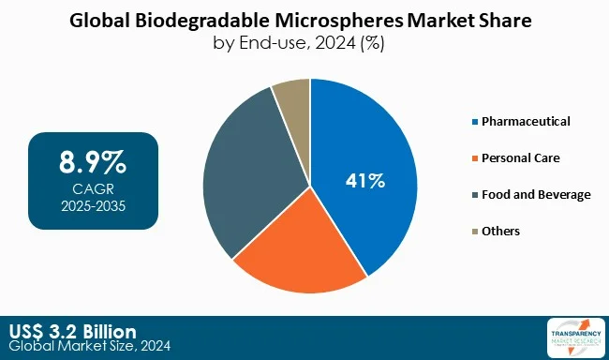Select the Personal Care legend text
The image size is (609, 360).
coord(520,157)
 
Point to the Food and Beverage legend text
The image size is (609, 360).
coord(536,194)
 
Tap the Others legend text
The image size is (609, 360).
coord(500,231)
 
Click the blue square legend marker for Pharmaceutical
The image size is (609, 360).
coord(474,122)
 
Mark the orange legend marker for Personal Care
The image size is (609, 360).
coord(474,158)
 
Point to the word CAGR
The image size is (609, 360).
coord(92,188)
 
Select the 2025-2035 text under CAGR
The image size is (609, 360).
coord(92,204)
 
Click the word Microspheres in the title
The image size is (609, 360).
coord(319,20)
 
